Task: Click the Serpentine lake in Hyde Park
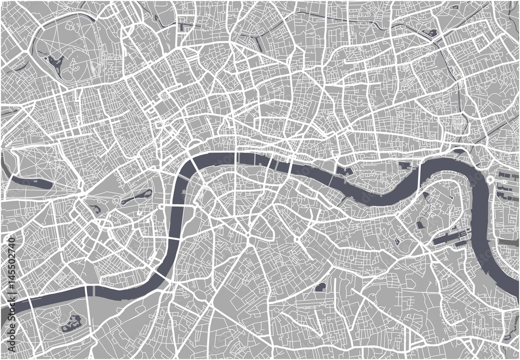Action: (31, 183)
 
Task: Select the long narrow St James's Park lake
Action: (137, 197)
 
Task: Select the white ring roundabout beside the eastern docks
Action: (490, 179)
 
